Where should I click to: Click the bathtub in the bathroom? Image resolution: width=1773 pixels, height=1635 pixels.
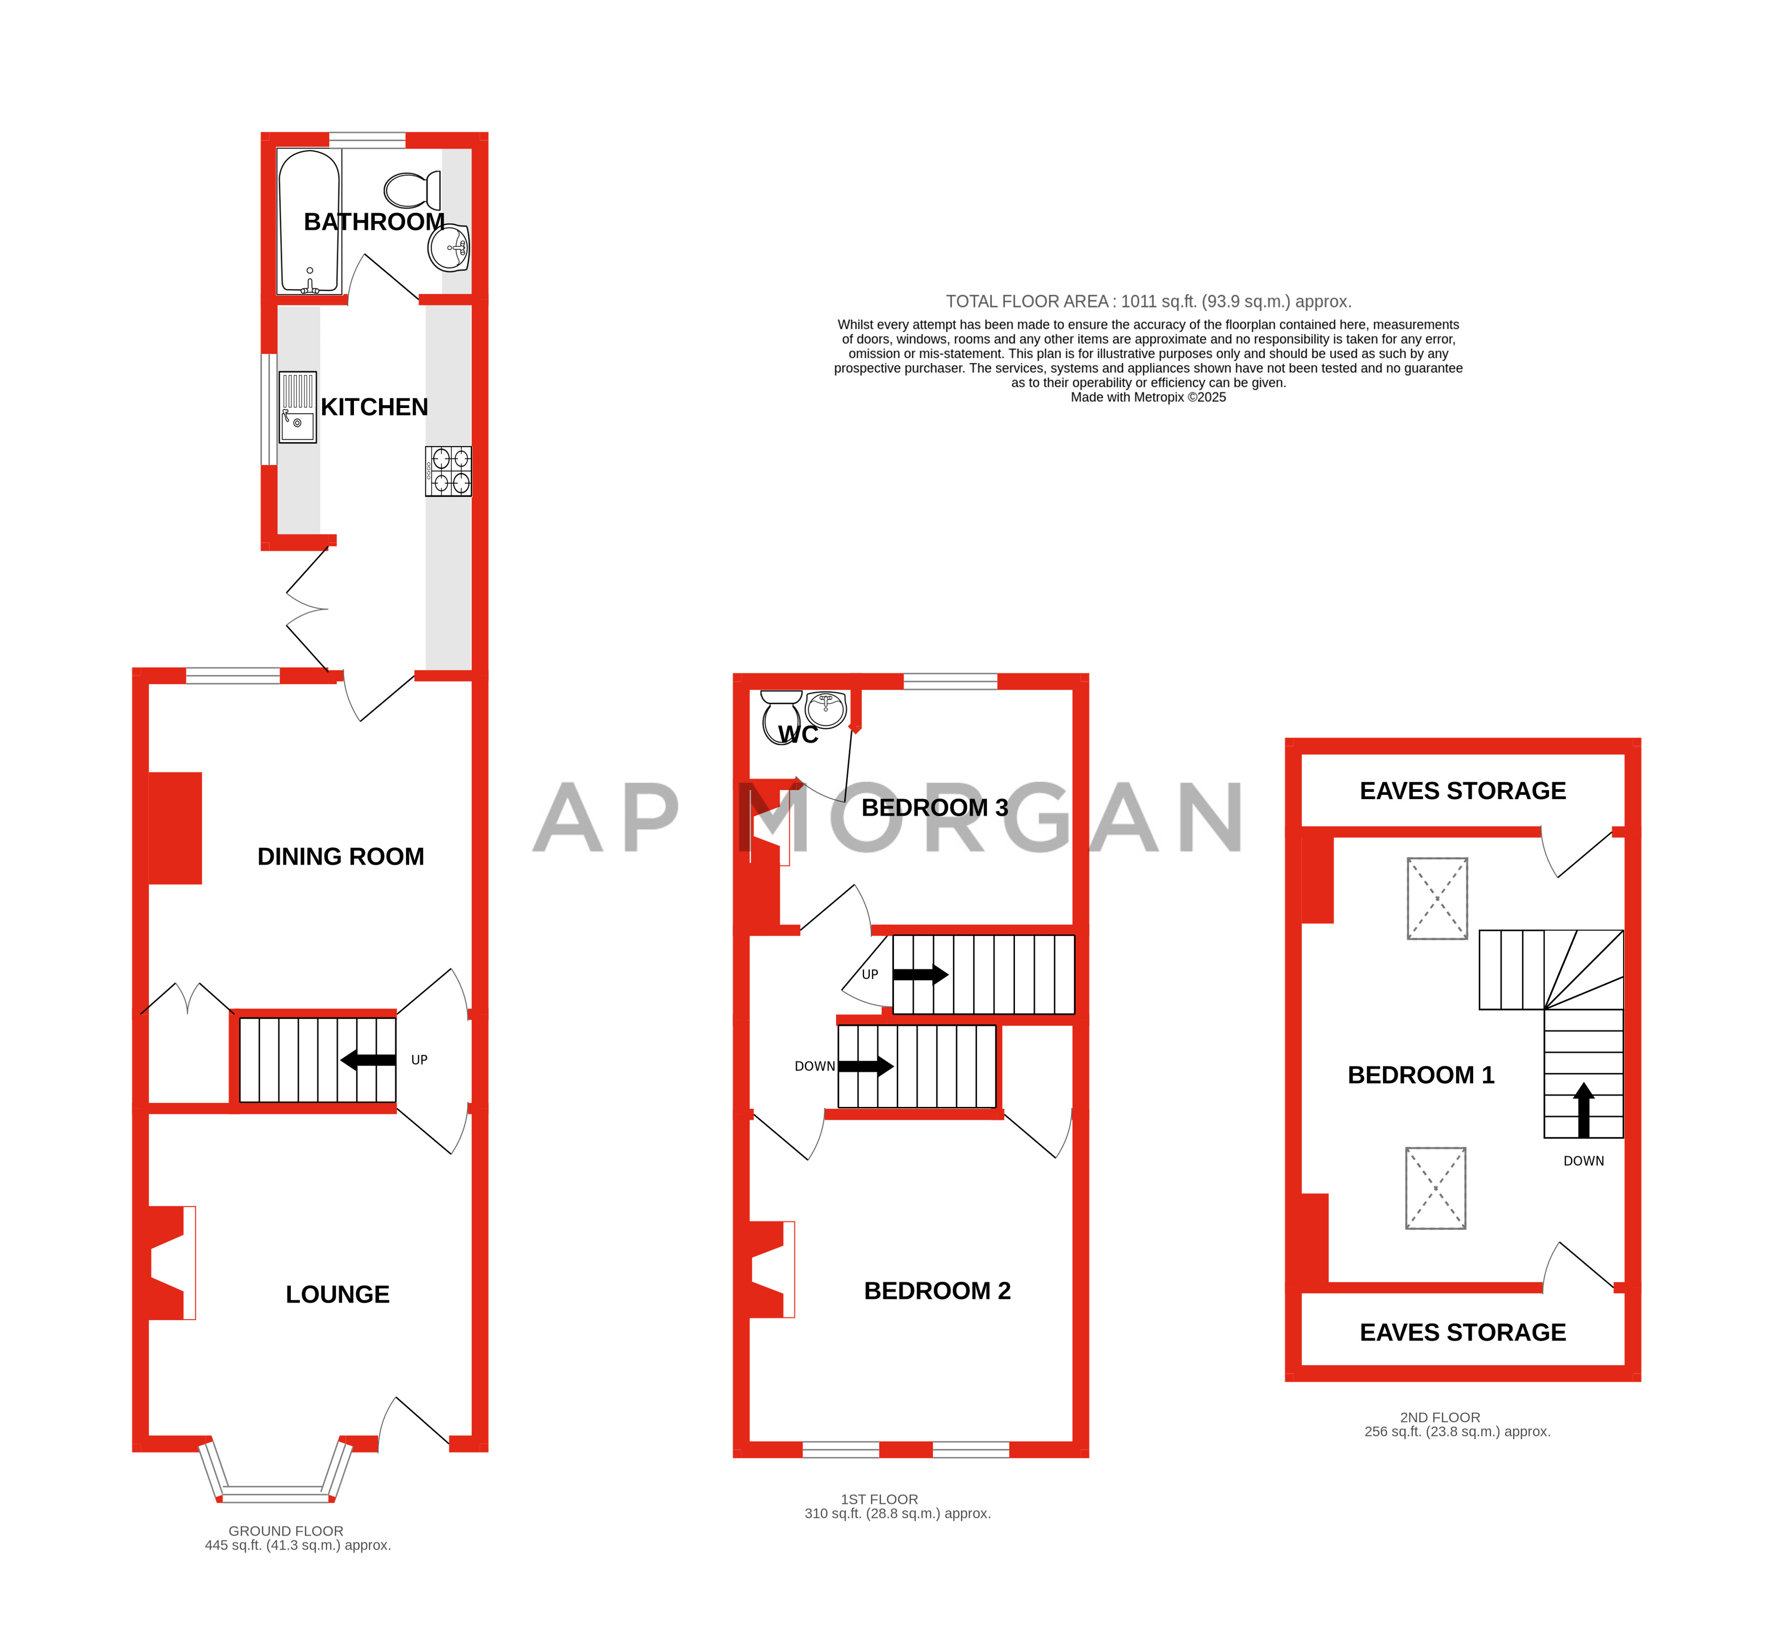[309, 221]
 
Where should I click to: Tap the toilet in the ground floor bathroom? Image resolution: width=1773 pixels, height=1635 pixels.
[412, 190]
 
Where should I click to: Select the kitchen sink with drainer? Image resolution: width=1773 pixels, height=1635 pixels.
[298, 407]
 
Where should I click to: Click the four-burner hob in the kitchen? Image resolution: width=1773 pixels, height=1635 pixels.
[448, 471]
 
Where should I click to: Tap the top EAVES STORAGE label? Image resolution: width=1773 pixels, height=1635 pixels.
[1462, 791]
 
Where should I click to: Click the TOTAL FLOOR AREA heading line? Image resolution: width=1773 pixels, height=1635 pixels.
[1148, 302]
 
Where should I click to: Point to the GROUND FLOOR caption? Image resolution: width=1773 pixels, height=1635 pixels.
[286, 1531]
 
